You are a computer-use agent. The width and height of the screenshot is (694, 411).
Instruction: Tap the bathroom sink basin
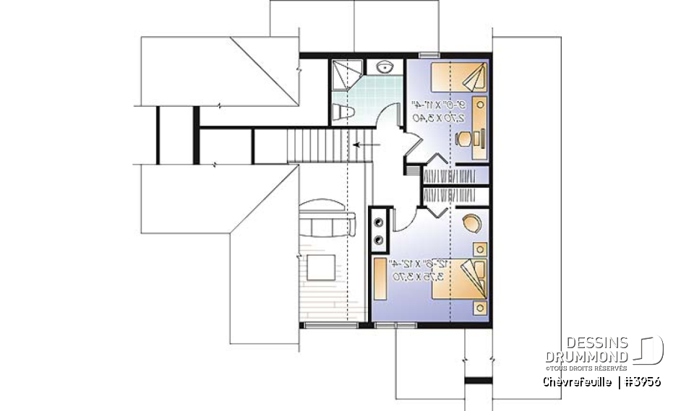(x=384, y=67)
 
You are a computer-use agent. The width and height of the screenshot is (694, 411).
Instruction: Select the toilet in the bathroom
(x=343, y=113)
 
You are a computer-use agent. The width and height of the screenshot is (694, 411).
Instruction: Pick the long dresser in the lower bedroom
(x=380, y=279)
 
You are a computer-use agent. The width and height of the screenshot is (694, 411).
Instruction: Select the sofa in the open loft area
(x=327, y=219)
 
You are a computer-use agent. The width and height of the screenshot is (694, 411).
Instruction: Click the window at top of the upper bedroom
(x=429, y=53)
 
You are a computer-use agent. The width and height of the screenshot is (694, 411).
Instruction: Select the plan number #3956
(x=641, y=381)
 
